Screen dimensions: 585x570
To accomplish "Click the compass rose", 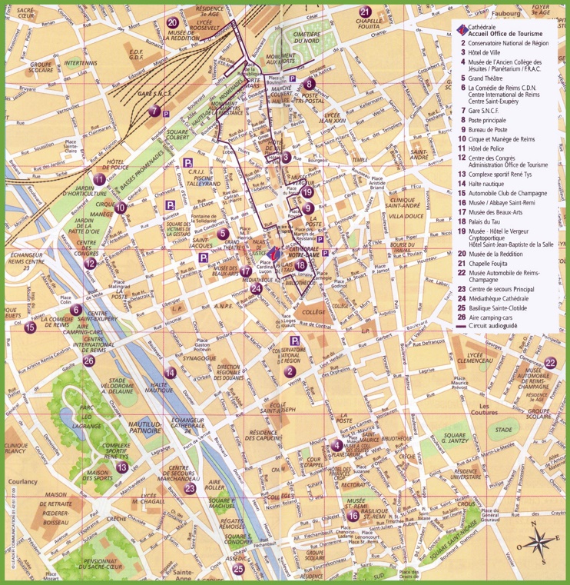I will click(x=542, y=540).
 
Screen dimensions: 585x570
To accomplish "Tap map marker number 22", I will click(x=550, y=363).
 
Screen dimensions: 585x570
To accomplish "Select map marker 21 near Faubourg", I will click(x=366, y=12).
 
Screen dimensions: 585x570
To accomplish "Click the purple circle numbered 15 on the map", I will click(x=30, y=327).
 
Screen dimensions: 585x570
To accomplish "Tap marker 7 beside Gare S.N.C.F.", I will click(x=155, y=111).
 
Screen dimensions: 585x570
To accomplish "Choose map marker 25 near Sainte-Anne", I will click(x=239, y=569).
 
